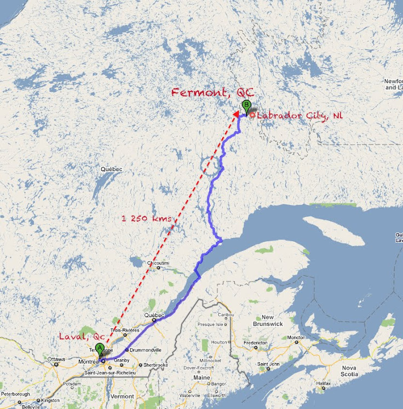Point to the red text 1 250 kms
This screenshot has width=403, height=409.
pos(146,219)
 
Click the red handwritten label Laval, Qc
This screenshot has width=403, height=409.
pos(82,336)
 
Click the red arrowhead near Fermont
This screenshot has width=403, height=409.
pos(236,114)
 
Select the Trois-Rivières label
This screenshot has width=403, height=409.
pos(125,330)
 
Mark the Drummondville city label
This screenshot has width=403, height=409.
pos(145,349)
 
